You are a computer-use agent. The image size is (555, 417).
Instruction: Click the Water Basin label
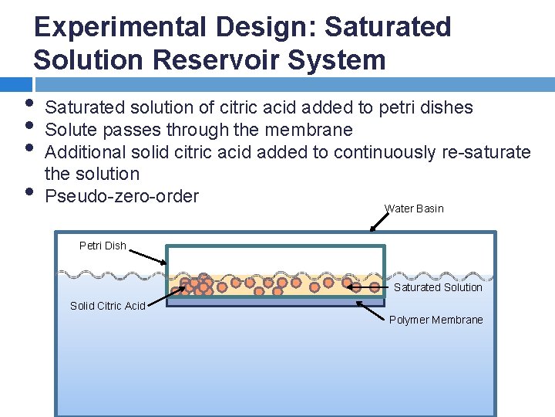[414, 208]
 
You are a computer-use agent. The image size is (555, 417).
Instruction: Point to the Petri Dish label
[103, 246]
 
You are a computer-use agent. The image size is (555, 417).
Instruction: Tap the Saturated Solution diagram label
[438, 287]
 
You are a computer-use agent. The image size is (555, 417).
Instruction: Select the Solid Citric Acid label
[107, 306]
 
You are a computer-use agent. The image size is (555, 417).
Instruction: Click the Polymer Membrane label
[436, 320]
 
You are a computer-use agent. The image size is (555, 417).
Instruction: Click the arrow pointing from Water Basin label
[379, 222]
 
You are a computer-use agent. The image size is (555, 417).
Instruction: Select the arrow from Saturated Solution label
[368, 286]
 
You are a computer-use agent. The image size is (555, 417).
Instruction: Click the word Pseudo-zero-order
[122, 196]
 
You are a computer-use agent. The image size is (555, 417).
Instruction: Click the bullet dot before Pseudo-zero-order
[29, 190]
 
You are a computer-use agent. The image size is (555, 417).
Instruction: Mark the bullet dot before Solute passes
[29, 124]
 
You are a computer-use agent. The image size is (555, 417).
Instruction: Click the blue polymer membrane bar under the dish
[275, 303]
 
